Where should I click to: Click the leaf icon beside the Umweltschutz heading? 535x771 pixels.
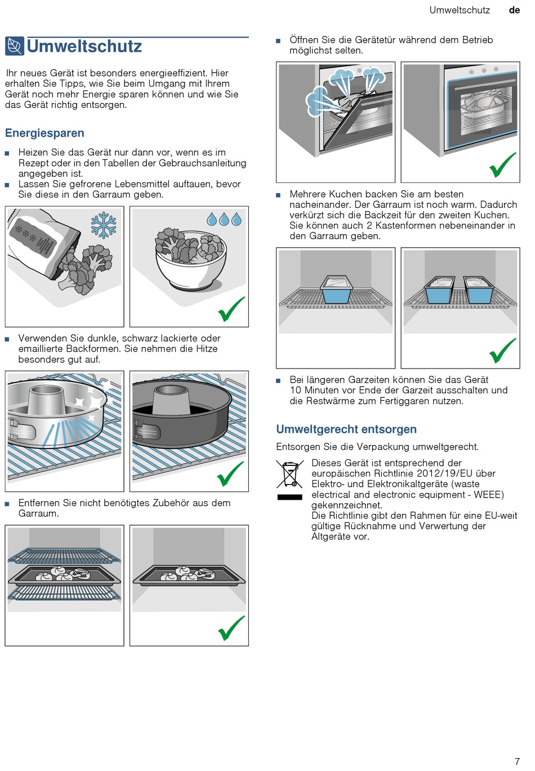coord(15,46)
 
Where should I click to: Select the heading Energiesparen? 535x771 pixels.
coord(44,133)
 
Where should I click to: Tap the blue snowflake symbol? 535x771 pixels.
coord(104,226)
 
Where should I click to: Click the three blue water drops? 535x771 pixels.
coord(224,219)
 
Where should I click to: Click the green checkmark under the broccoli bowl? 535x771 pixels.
coord(231,309)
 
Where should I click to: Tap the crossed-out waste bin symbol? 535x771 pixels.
coord(289,474)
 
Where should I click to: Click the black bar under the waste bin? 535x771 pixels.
coord(289,497)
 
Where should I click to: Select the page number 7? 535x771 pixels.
coord(517,761)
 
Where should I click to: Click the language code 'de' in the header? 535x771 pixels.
coord(514,10)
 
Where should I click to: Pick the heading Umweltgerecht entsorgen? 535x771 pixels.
coord(346,429)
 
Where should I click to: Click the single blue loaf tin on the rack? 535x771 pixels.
coord(336,289)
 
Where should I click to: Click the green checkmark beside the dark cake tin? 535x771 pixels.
coord(230,474)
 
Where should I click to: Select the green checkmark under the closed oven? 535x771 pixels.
coord(502,164)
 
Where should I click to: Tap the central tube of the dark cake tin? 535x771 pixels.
coord(171,399)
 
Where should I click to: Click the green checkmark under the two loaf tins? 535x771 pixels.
coord(502,351)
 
